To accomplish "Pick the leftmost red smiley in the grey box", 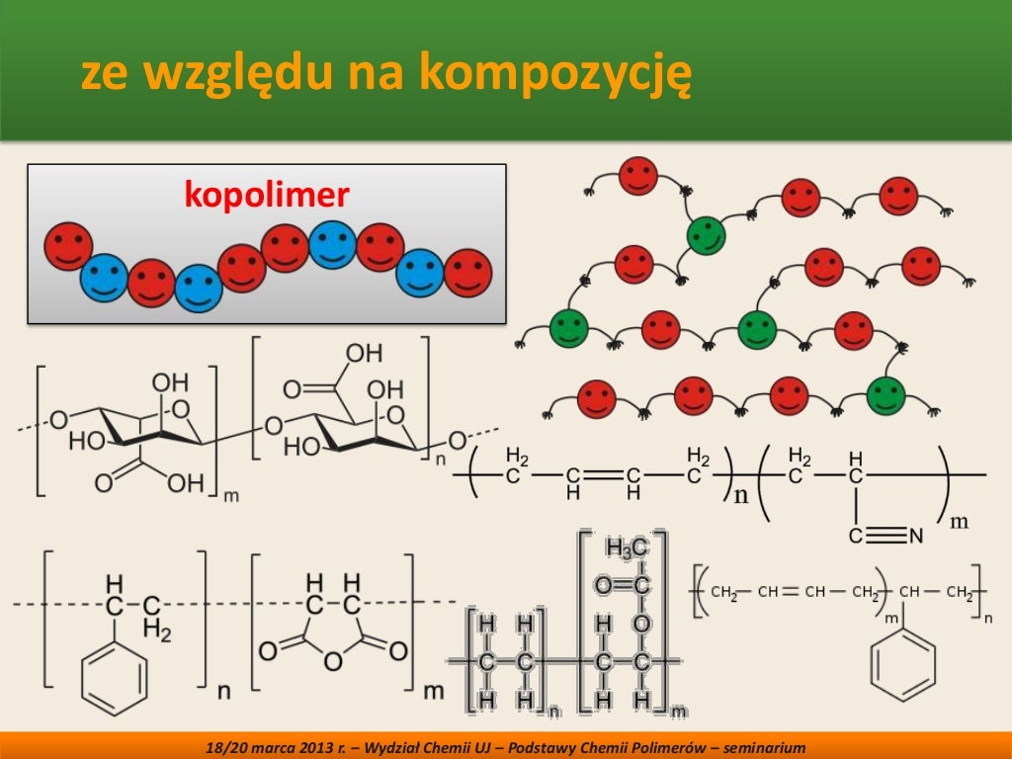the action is pyautogui.click(x=68, y=246).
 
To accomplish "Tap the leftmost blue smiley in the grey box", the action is pyautogui.click(x=104, y=278).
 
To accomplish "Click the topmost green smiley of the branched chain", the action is pyautogui.click(x=706, y=235).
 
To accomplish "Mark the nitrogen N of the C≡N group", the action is pyautogui.click(x=915, y=537).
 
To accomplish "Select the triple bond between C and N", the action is pyautogui.click(x=885, y=537).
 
